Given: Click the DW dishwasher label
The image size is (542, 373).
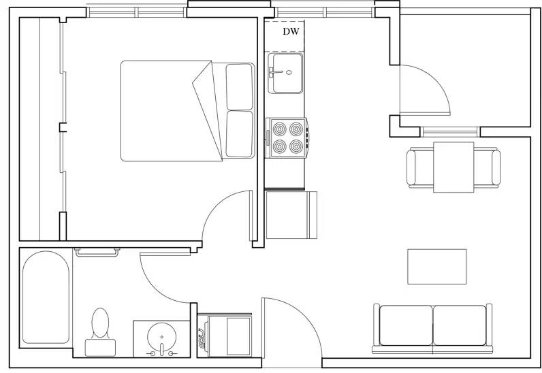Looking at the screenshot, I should click(x=291, y=32).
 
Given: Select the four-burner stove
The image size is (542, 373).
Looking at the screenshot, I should click(x=286, y=137).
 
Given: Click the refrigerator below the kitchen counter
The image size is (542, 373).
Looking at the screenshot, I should click(x=291, y=215).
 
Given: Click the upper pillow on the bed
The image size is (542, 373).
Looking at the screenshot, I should click(x=239, y=86).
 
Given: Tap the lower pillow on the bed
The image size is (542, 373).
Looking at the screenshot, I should click(x=239, y=133).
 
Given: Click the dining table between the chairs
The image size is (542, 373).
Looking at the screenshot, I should click(x=453, y=167).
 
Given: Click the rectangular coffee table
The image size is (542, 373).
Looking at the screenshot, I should click(x=436, y=266).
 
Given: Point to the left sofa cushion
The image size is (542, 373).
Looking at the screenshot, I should click(x=405, y=325).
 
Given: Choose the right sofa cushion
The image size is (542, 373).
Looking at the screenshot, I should click(x=460, y=325).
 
